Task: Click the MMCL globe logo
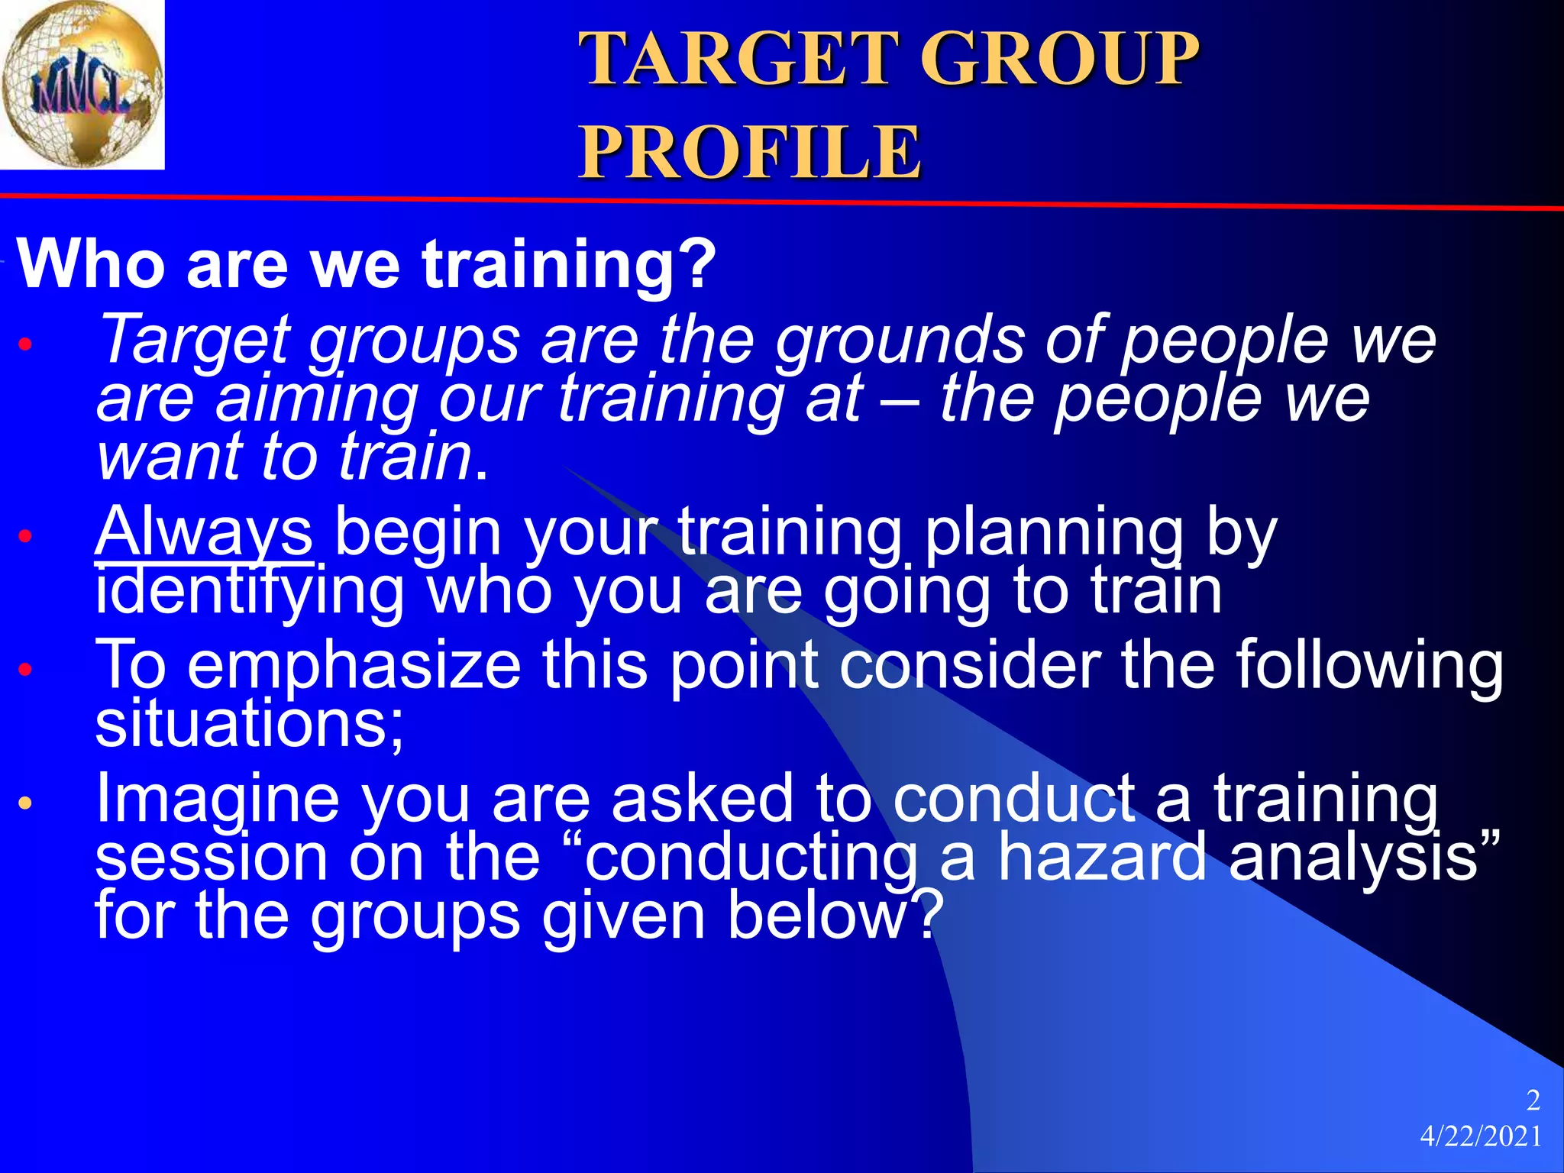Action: [82, 84]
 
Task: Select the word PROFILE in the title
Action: [750, 152]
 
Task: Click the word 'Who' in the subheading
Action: [92, 263]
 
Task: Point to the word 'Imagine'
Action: [217, 798]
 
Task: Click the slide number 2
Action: [1533, 1100]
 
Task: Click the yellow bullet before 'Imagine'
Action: [26, 803]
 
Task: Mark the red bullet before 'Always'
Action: [26, 536]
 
